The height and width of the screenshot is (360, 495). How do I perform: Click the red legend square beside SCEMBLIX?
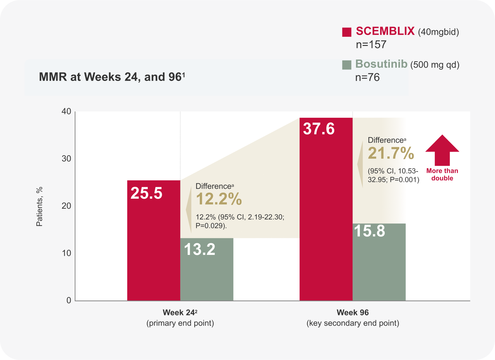(x=347, y=32)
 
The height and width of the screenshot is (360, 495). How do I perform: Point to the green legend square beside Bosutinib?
(x=347, y=65)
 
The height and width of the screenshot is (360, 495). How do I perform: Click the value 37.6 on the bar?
(x=319, y=129)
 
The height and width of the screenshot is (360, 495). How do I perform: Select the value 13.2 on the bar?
(x=199, y=249)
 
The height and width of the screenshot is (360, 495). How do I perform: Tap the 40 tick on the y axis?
(x=66, y=111)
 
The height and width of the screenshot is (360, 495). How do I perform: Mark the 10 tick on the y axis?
(x=66, y=253)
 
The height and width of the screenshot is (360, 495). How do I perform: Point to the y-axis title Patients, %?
(x=39, y=207)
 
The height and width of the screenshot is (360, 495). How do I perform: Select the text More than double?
(x=442, y=175)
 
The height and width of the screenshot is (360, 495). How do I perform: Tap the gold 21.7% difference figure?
(x=391, y=153)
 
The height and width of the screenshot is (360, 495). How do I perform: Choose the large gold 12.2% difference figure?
(x=219, y=199)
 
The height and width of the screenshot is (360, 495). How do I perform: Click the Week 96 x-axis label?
(x=353, y=313)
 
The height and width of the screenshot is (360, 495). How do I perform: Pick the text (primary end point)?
(x=180, y=323)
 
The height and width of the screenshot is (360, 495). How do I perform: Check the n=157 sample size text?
(x=371, y=45)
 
